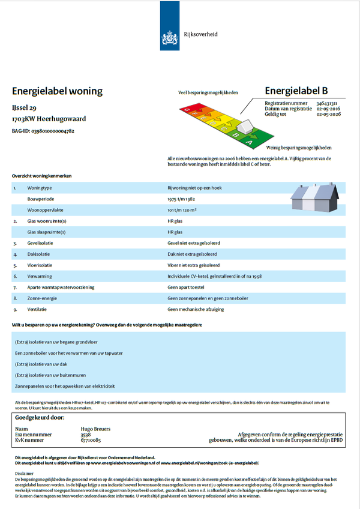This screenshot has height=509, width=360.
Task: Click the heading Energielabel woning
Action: coord(58,91)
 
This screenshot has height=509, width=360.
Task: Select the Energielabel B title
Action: coord(296,91)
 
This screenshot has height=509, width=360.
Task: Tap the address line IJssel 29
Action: coord(25,108)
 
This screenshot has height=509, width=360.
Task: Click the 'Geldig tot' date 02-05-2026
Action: coord(329,114)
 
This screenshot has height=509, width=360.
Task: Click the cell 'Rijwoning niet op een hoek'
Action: coord(195,188)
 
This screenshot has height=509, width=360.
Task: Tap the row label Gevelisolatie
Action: coord(41,243)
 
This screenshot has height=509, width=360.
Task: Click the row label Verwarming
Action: coord(40,276)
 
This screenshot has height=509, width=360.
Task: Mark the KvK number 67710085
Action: coord(91,440)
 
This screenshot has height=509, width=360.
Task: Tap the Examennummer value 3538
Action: coord(86,434)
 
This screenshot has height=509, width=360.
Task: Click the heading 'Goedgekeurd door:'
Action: coord(40,417)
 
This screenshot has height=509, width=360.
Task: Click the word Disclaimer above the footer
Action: coord(22,472)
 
